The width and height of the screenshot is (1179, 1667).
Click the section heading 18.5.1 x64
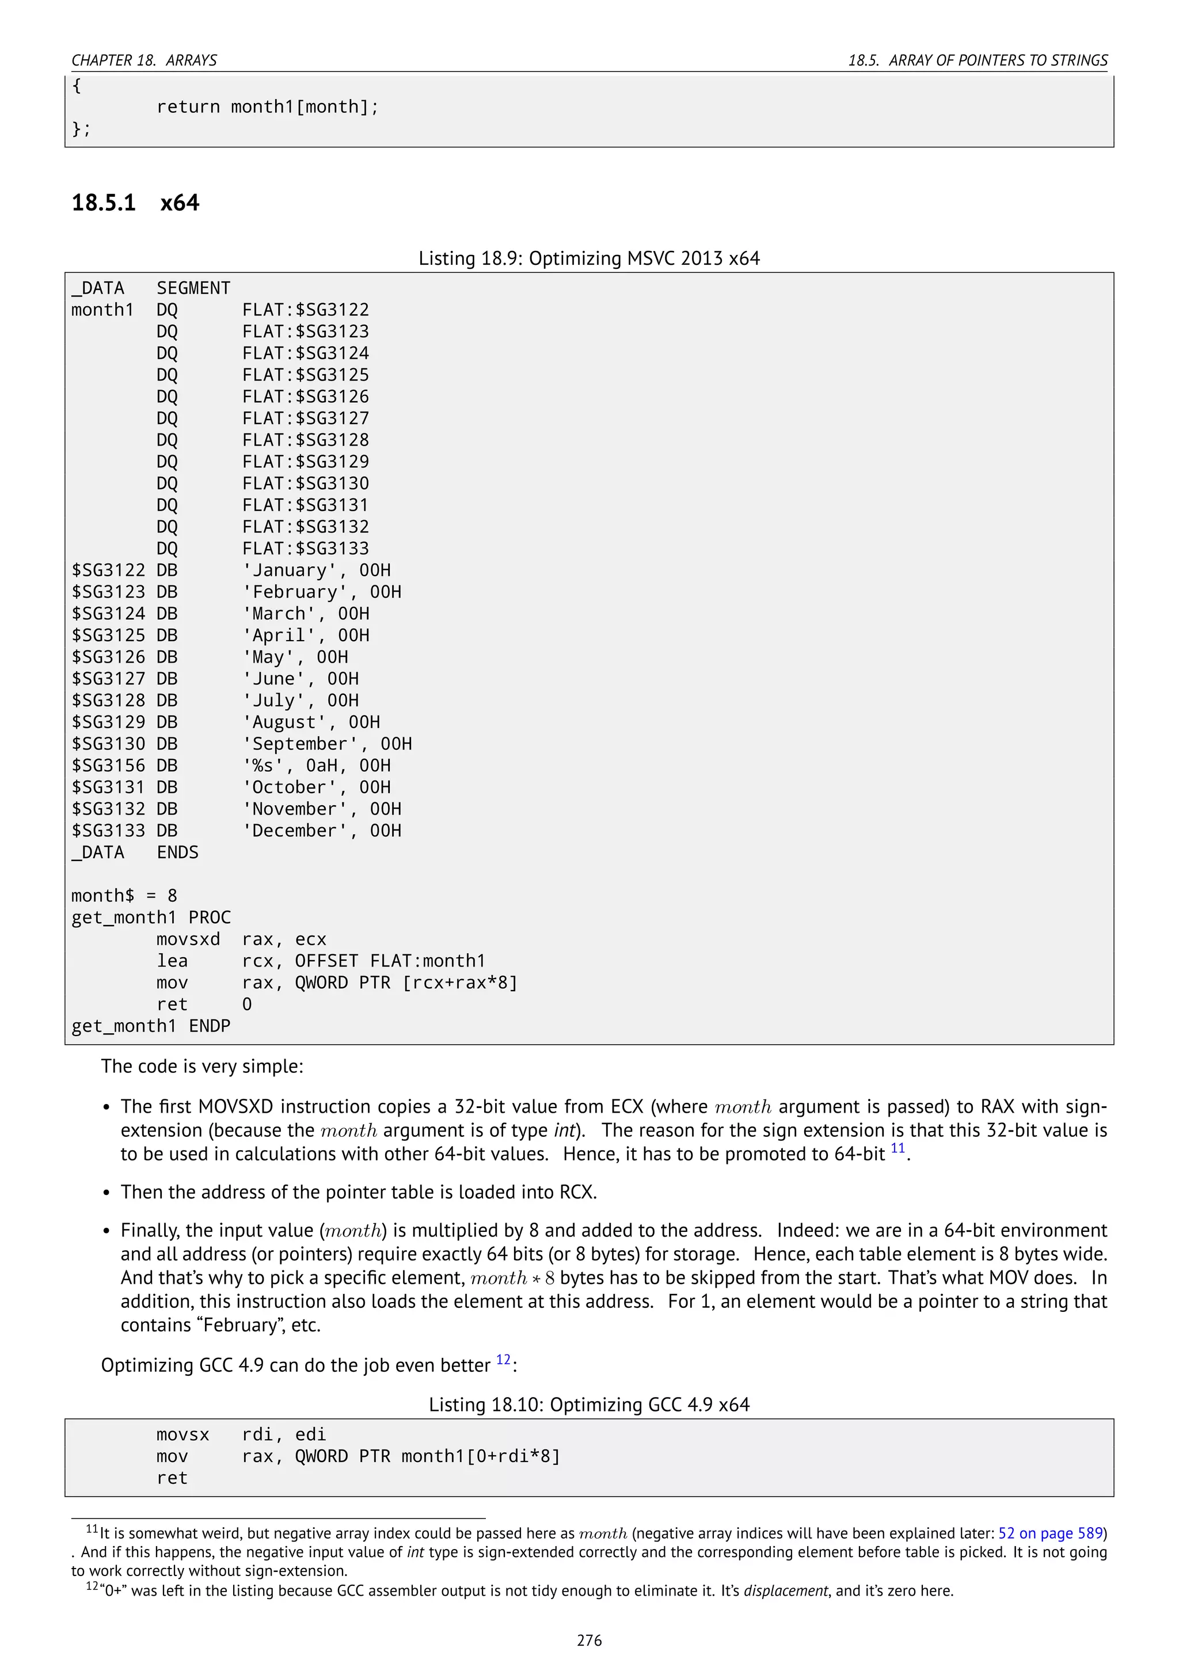[135, 203]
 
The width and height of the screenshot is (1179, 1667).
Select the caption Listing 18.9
[589, 258]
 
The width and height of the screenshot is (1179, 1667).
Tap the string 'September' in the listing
[301, 744]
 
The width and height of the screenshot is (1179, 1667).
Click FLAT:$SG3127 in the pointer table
[306, 418]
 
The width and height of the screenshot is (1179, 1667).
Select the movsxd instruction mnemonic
[188, 939]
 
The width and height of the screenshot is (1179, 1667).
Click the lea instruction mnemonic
[172, 961]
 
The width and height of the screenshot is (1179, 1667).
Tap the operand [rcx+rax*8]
[461, 983]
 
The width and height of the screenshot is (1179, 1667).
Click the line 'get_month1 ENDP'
[151, 1026]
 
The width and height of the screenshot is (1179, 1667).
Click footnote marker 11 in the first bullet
[897, 1148]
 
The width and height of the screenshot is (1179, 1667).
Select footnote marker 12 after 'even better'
[503, 1360]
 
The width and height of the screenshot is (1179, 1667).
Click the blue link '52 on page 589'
[1051, 1533]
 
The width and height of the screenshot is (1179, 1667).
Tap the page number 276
[589, 1640]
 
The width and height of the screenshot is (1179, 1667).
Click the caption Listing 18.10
[589, 1405]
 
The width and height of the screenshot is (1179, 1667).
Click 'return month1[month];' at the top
[267, 108]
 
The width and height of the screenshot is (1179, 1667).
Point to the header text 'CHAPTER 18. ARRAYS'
[144, 60]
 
